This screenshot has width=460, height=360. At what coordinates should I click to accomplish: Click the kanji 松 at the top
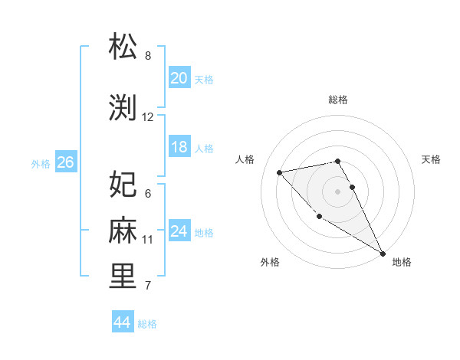coord(123,47)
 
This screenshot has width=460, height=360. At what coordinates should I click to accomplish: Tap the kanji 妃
coord(123,184)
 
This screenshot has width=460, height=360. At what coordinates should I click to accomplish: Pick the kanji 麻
coord(123,230)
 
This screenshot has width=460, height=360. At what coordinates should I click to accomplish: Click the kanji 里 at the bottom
coord(123,277)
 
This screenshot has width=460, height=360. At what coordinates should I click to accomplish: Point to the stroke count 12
coord(148,117)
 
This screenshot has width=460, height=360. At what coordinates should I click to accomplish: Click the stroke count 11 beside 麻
coord(148,240)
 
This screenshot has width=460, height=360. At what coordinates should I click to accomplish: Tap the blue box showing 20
coord(179,77)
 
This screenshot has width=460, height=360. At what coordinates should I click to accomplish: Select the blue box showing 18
coord(179,147)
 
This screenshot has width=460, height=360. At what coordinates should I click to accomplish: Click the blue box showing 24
coord(179,231)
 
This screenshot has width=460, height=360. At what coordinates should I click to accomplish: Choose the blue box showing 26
coord(65,162)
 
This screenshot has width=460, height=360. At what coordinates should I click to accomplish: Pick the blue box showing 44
coord(122,322)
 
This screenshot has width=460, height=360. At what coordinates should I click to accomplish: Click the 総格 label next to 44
coord(147,324)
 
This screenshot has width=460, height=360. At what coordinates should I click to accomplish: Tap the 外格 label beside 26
coord(41,163)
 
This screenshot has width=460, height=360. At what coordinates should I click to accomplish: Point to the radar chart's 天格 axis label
coord(431,159)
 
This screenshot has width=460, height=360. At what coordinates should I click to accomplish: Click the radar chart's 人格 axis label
coord(245,159)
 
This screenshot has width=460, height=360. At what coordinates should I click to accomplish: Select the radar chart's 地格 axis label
coord(402,262)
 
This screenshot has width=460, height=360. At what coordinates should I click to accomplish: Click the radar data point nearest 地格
coord(383,254)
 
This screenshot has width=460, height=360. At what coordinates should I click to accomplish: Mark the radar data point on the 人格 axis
coord(280,172)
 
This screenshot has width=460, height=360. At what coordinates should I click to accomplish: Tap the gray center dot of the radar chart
coord(337,191)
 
